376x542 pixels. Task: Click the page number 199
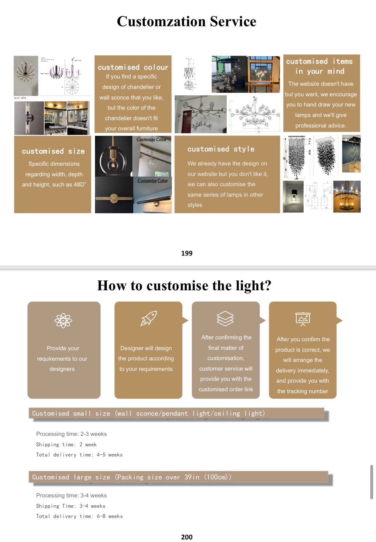[187, 253]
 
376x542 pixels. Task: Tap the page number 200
[187, 537]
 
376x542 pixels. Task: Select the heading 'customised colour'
[133, 67]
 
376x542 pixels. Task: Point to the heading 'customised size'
[53, 151]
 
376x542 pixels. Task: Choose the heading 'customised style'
[221, 149]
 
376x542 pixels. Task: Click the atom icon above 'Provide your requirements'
[63, 320]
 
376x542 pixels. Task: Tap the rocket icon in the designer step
[149, 318]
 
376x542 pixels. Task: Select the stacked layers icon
[225, 318]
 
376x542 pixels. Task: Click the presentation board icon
[303, 319]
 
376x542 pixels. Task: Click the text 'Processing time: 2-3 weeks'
[71, 434]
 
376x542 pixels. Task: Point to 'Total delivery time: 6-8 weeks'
[79, 516]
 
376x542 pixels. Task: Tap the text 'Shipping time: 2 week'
[66, 444]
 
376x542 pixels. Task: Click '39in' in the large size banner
[192, 477]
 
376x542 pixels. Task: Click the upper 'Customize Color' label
[151, 140]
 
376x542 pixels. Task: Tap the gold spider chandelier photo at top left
[26, 76]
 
